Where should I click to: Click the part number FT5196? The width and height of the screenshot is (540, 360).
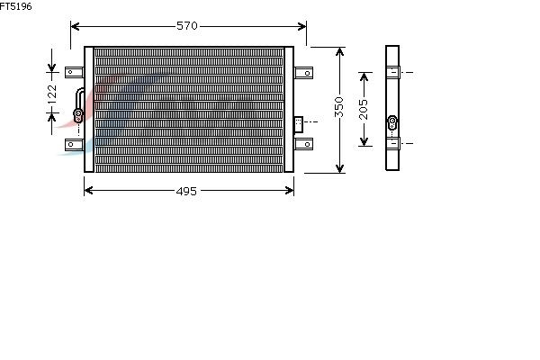tap(16, 6)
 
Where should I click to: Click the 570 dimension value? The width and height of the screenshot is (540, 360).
tap(187, 26)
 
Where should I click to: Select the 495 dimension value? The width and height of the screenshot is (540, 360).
tap(186, 191)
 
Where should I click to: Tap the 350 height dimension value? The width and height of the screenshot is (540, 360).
tap(339, 107)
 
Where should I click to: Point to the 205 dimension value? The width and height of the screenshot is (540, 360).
tap(364, 110)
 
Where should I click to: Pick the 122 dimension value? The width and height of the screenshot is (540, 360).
tap(51, 94)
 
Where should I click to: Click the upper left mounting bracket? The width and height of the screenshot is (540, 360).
tap(75, 72)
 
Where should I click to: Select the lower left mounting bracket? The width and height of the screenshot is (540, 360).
tap(75, 145)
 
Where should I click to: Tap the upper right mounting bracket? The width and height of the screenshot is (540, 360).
tap(303, 73)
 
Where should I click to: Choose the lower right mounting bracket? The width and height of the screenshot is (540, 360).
tap(303, 144)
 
